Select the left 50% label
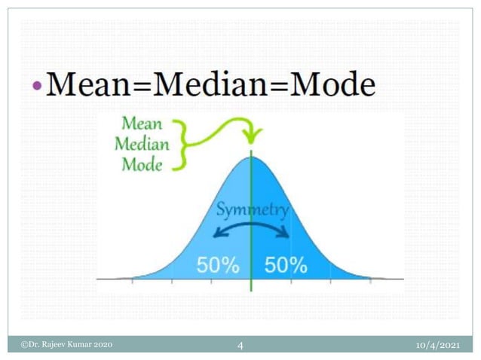[218, 265]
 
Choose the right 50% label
[286, 265]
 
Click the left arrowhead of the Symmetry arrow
[218, 233]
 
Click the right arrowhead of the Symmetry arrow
[286, 233]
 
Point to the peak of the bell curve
[252, 156]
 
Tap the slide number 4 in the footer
[240, 346]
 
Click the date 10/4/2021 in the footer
[438, 345]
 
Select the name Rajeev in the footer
[54, 345]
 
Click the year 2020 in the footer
[102, 345]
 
